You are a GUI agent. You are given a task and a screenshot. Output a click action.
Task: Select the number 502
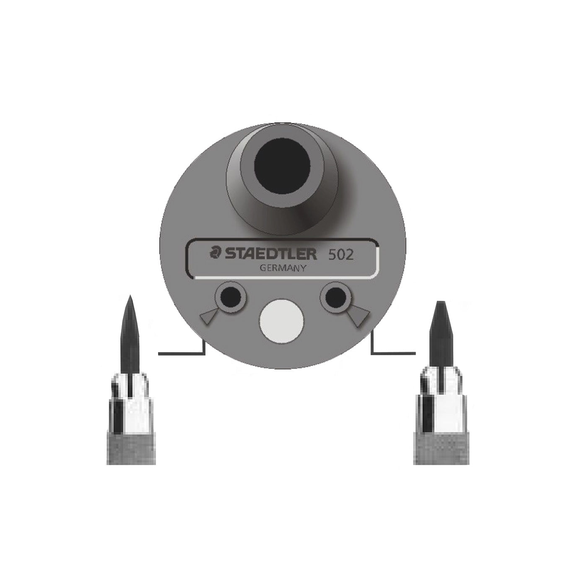[x=341, y=255]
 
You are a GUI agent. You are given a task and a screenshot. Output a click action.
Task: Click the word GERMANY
[x=282, y=268]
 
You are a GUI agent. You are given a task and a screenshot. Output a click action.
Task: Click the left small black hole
[x=230, y=296]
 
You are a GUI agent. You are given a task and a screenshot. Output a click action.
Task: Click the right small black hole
[x=335, y=296]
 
